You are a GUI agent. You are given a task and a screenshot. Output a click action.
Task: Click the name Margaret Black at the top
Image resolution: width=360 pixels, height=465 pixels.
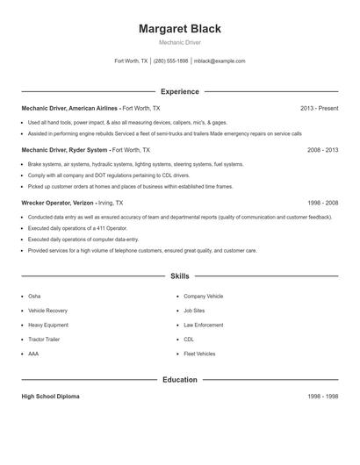pyautogui.click(x=179, y=29)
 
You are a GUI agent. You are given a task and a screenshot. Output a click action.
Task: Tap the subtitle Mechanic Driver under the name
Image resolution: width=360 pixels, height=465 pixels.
pyautogui.click(x=179, y=43)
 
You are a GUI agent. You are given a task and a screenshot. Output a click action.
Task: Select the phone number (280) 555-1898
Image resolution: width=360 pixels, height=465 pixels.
pyautogui.click(x=171, y=61)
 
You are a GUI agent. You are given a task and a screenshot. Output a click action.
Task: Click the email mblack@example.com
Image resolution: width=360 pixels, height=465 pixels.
pyautogui.click(x=220, y=61)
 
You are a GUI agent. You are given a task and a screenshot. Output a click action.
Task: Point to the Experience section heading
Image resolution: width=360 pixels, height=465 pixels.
pyautogui.click(x=179, y=91)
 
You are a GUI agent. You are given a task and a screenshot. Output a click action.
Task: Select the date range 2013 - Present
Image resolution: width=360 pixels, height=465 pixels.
pyautogui.click(x=319, y=108)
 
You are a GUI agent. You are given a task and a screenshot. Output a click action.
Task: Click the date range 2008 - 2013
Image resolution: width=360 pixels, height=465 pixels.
pyautogui.click(x=321, y=150)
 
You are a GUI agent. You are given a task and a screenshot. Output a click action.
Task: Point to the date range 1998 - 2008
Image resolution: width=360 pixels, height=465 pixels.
pyautogui.click(x=321, y=203)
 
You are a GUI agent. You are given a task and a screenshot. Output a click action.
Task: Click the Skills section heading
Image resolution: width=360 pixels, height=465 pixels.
pyautogui.click(x=179, y=276)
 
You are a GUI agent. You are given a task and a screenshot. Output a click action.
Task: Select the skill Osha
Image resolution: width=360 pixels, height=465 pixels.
pyautogui.click(x=34, y=297)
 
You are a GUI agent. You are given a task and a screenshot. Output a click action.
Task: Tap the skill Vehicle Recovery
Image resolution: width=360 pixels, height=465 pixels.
pyautogui.click(x=47, y=311)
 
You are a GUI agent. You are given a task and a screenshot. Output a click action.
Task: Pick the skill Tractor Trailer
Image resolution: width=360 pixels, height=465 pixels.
pyautogui.click(x=45, y=340)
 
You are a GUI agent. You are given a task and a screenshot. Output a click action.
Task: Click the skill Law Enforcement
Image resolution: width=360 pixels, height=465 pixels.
pyautogui.click(x=204, y=325)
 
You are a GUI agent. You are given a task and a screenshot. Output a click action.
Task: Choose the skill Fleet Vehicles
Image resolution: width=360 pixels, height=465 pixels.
pyautogui.click(x=199, y=354)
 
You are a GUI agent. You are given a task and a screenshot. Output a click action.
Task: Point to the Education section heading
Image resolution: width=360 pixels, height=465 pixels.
pyautogui.click(x=179, y=380)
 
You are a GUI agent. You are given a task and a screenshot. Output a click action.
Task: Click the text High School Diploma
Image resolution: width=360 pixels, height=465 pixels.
pyautogui.click(x=50, y=397)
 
